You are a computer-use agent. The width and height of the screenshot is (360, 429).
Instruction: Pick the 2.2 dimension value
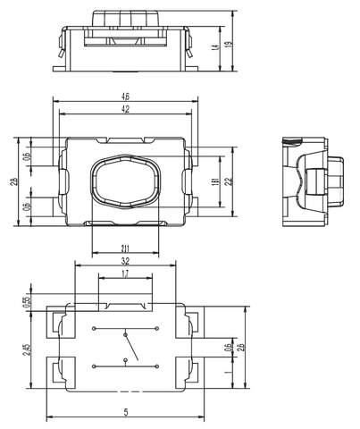pyautogui.click(x=229, y=181)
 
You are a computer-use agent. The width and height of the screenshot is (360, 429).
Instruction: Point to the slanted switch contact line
pyautogui.click(x=130, y=342)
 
